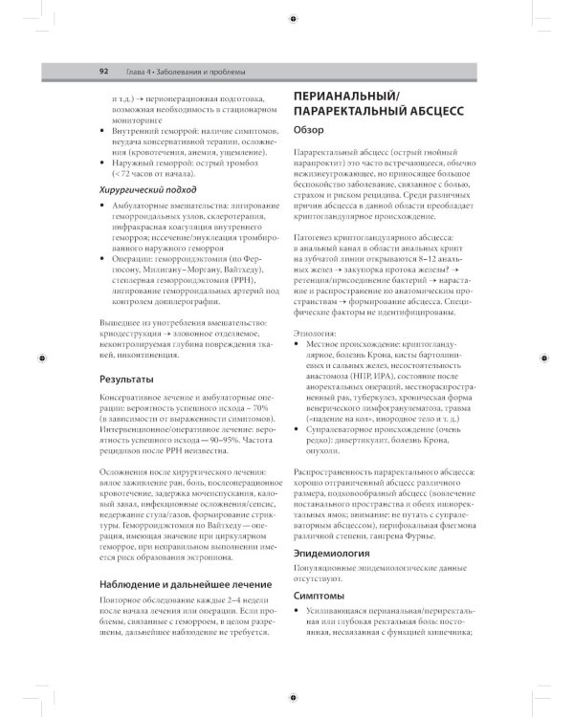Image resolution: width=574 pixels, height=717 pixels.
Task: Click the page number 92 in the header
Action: pos(102,72)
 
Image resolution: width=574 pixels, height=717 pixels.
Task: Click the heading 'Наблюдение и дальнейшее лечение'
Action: pos(183,584)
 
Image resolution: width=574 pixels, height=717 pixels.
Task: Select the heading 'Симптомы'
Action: pos(319,596)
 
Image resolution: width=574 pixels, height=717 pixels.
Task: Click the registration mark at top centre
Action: pos(291,17)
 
